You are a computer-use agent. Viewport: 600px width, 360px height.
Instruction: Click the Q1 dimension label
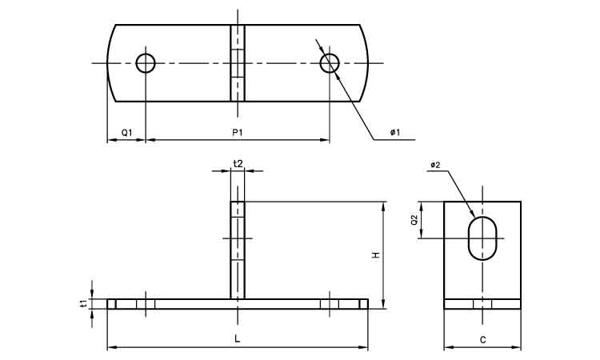[126, 131]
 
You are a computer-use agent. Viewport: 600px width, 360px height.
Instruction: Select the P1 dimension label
[238, 131]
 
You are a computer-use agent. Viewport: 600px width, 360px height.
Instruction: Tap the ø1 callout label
[395, 131]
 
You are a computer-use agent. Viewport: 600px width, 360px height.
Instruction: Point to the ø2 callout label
[435, 166]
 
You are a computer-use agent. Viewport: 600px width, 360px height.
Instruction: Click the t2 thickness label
[238, 163]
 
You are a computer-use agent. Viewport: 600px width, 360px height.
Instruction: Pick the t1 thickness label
[83, 303]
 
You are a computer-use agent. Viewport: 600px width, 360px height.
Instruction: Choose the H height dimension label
[374, 255]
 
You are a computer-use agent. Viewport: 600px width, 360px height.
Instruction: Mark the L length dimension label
[238, 339]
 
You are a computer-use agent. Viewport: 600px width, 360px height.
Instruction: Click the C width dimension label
[482, 340]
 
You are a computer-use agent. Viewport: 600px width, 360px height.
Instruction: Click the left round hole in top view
[146, 62]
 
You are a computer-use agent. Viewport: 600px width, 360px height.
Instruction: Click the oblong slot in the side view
[482, 238]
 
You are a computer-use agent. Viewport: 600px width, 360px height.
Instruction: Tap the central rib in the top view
[238, 62]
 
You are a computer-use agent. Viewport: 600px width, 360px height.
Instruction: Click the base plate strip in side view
[482, 304]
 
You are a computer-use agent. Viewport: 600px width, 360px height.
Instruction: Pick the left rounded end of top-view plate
[113, 62]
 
